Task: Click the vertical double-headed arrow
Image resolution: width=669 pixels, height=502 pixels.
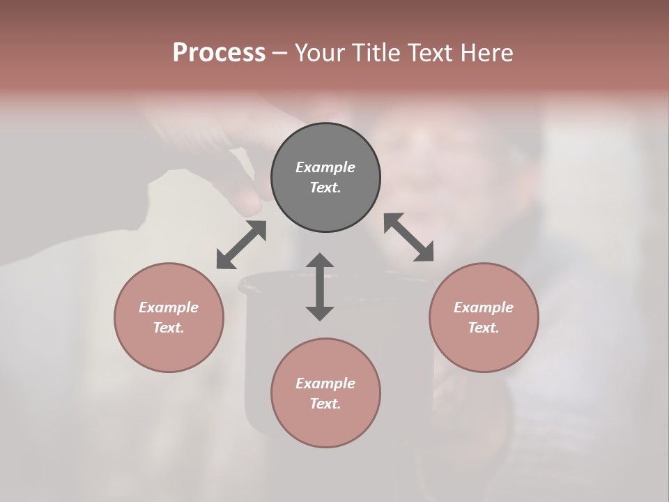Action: pos(320,287)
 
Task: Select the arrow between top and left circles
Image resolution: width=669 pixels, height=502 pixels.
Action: pos(241,244)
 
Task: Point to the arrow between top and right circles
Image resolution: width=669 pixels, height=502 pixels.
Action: pos(408,237)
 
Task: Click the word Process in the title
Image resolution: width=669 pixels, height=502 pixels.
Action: pos(219,53)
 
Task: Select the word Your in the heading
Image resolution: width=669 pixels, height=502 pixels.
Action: pos(319,53)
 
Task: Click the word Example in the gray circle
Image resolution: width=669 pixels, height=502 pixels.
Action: pos(325,167)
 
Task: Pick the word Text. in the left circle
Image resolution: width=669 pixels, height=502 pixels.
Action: pos(169,328)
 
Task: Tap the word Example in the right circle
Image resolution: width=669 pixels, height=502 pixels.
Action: pos(484,307)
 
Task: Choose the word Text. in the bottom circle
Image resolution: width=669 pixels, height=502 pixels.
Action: pos(325,404)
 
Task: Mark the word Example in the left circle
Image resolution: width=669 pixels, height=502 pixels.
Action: pos(169,307)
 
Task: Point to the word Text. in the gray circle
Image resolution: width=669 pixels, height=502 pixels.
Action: pos(325,188)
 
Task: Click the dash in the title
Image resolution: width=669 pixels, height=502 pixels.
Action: pos(280,54)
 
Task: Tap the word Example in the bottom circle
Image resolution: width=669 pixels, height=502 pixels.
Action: pos(325,383)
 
